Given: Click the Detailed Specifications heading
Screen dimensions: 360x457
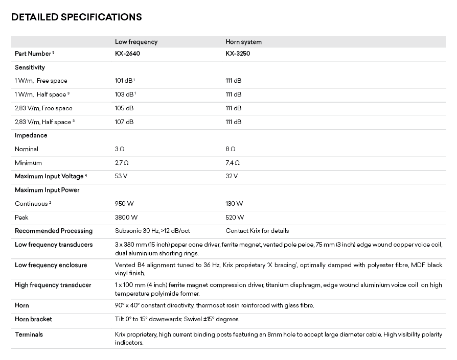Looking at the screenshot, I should tap(76, 17).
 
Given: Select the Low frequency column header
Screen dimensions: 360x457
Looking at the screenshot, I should tap(136, 42).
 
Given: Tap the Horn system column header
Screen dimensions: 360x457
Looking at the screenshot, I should tap(243, 42).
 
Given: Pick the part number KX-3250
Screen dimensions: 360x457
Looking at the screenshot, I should tap(238, 54).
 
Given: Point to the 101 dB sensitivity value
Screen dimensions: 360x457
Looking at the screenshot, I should tap(125, 81).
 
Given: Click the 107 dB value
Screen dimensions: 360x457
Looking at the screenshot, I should tap(124, 122).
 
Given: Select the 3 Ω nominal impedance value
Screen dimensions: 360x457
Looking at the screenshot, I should tap(120, 149).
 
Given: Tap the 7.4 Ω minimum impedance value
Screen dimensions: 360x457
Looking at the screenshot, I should tap(233, 163).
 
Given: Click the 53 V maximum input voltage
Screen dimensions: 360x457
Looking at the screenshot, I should tap(121, 176).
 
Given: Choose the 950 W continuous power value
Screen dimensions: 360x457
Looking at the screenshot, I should tap(124, 204).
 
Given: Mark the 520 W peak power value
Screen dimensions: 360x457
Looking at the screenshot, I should tap(235, 218).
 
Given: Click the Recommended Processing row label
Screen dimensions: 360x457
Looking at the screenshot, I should tap(54, 231).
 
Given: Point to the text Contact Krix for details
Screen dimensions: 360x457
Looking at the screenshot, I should tap(257, 231).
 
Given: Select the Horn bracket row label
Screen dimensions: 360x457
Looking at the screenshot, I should tap(33, 319).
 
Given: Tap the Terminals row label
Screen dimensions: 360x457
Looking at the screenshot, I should tap(29, 334).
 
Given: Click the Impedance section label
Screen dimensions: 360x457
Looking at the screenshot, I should tap(31, 135).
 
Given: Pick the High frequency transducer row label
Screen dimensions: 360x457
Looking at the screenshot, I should tap(53, 285).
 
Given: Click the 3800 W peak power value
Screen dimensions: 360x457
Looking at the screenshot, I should tap(126, 218).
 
